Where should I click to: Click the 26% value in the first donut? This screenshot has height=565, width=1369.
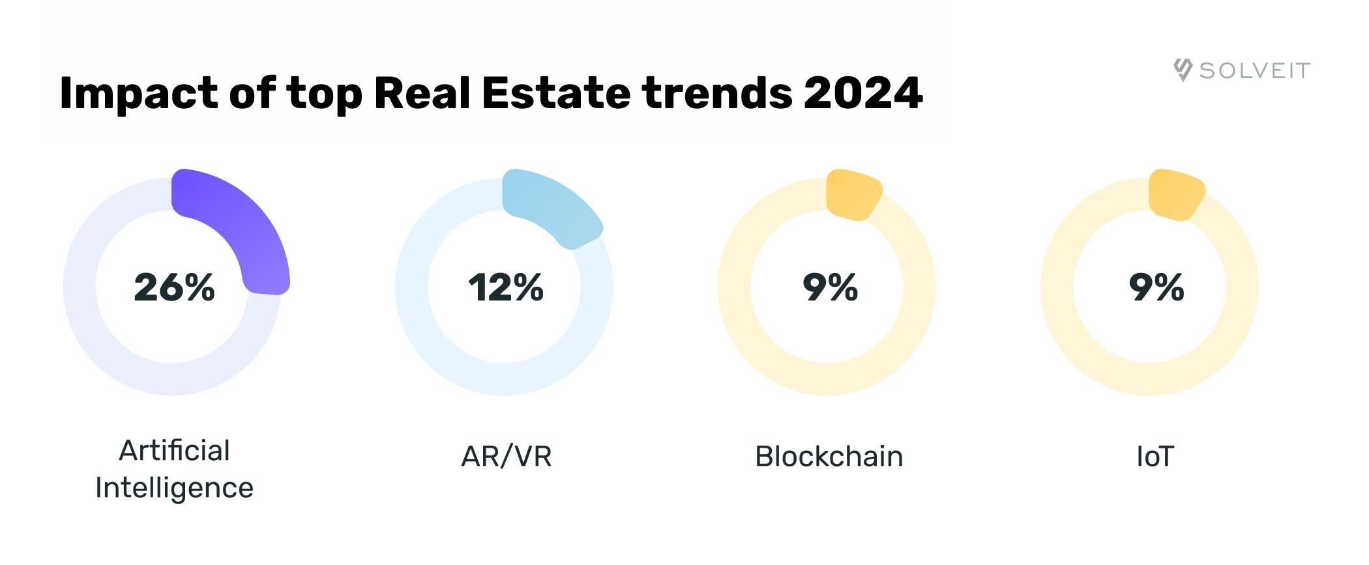tap(174, 287)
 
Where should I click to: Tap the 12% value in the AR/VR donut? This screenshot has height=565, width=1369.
tap(505, 287)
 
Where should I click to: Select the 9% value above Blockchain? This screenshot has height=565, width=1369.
tap(830, 287)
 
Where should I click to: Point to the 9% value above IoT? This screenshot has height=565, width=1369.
tap(1156, 287)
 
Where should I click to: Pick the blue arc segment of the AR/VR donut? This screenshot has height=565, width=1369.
tap(554, 205)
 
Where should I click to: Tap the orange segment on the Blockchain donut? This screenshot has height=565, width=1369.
tap(853, 194)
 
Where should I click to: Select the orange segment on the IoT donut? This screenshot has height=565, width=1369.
tap(1175, 194)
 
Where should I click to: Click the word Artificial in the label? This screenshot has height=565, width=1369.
tap(174, 450)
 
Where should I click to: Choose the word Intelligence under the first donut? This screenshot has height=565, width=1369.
tap(174, 488)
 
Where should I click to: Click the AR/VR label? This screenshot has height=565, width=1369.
tap(506, 456)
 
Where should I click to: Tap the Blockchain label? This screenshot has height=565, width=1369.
tap(829, 456)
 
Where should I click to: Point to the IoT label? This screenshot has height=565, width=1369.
tap(1155, 456)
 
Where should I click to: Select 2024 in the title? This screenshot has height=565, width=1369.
tap(862, 93)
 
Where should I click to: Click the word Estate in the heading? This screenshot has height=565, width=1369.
tap(556, 93)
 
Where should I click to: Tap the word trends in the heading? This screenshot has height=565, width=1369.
tap(717, 93)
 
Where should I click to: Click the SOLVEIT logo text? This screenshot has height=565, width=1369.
tap(1254, 70)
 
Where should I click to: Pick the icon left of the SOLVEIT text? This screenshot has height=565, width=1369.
tap(1183, 70)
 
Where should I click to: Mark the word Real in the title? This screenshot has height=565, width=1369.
tap(422, 93)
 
